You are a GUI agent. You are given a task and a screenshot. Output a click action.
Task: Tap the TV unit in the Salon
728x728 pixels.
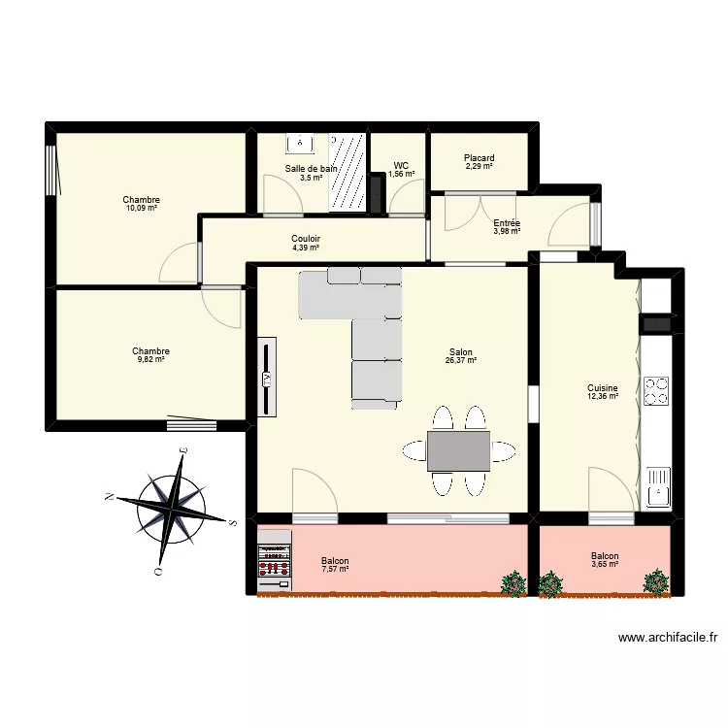(x=266, y=378)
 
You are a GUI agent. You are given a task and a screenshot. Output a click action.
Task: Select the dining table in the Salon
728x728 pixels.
(x=458, y=450)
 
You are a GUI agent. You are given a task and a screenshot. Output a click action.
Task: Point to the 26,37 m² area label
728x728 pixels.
(x=462, y=361)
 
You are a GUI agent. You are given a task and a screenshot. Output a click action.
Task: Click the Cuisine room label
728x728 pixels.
(x=602, y=387)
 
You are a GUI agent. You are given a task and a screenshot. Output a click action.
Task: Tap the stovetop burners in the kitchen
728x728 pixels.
(x=657, y=390)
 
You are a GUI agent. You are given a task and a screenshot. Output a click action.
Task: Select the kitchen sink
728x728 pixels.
(x=658, y=485)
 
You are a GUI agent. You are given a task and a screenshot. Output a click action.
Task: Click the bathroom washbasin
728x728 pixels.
(x=299, y=144)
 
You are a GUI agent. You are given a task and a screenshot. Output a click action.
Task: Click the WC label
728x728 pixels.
(x=401, y=166)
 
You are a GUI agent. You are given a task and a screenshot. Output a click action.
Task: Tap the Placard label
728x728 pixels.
(x=479, y=158)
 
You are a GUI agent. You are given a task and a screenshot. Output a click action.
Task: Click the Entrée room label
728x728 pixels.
(x=507, y=223)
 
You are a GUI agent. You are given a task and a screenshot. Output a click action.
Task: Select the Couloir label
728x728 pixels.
(x=306, y=239)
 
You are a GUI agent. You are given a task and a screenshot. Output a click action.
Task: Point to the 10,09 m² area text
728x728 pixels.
(x=141, y=208)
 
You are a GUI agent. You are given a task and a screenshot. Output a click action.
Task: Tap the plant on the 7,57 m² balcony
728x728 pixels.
(x=512, y=582)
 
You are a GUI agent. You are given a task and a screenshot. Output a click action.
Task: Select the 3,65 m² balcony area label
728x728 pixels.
(x=604, y=564)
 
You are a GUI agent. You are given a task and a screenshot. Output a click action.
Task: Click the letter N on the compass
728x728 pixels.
(x=111, y=497)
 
